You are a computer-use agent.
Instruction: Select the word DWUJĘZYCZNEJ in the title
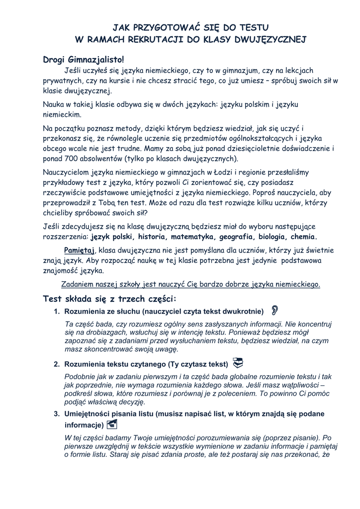pos(267,39)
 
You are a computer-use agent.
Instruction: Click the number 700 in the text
pos(74,159)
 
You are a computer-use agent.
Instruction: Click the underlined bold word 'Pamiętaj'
pos(80,250)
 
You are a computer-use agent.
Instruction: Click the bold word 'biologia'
pos(269,237)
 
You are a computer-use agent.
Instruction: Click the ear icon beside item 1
pos(274,311)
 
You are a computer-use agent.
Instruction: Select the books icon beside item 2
pos(238,362)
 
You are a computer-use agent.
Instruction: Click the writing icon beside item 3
pos(112,424)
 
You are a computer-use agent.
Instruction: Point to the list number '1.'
pos(57,312)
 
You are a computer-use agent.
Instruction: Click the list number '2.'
pos(57,364)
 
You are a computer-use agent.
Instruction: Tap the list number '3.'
pos(57,414)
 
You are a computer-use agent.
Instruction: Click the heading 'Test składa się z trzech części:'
pos(110,299)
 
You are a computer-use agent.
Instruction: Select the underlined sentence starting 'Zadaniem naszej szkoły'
pos(190,284)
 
